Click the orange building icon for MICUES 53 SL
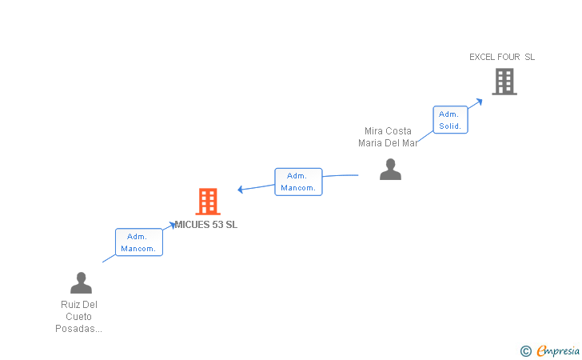pos(208,202)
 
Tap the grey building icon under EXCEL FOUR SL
pos(504,82)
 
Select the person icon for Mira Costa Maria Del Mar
pos(390,170)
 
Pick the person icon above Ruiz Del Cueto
pos(81,283)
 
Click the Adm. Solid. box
pos(450,120)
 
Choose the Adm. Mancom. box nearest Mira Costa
pos(298,182)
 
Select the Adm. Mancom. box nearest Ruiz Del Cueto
pos(139,242)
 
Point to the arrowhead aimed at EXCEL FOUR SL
pos(479,102)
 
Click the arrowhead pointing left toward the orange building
pos(240,190)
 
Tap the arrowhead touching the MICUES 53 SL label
pos(173,225)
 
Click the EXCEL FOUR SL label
pos(502,57)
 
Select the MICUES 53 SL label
pos(206,224)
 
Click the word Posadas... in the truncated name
pos(78,329)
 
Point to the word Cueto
pos(78,317)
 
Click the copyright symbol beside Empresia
pos(526,351)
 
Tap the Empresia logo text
pos(558,351)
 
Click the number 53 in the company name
pos(217,224)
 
